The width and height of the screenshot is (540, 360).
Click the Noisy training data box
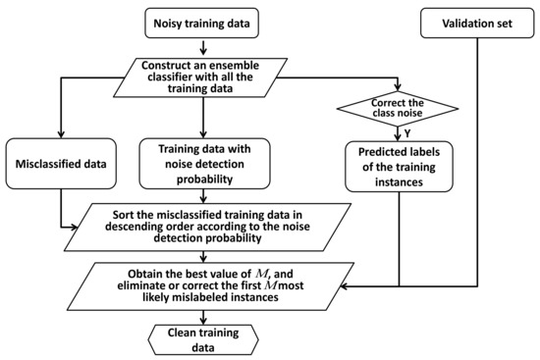202,21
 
